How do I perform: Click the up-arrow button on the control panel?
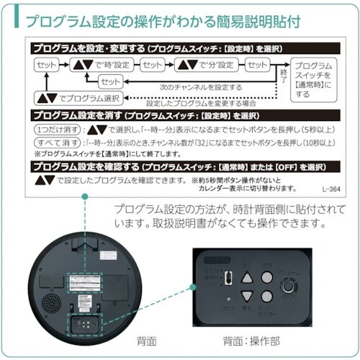click(247, 276)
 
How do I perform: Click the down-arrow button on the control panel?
click(247, 296)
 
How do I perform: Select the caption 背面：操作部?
click(251, 340)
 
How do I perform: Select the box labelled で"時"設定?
click(102, 65)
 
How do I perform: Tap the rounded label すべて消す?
click(52, 142)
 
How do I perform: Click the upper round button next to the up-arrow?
click(266, 276)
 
